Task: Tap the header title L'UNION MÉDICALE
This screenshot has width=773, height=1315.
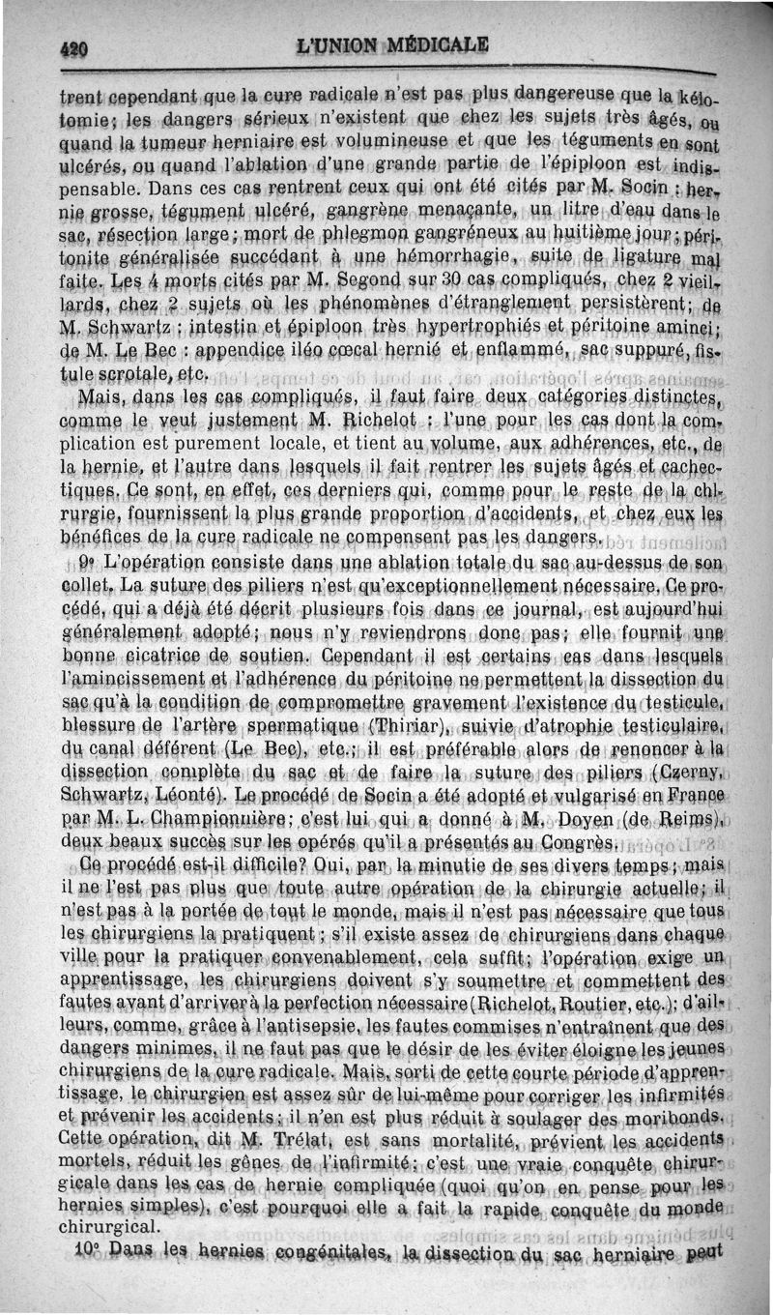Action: [x=393, y=44]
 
